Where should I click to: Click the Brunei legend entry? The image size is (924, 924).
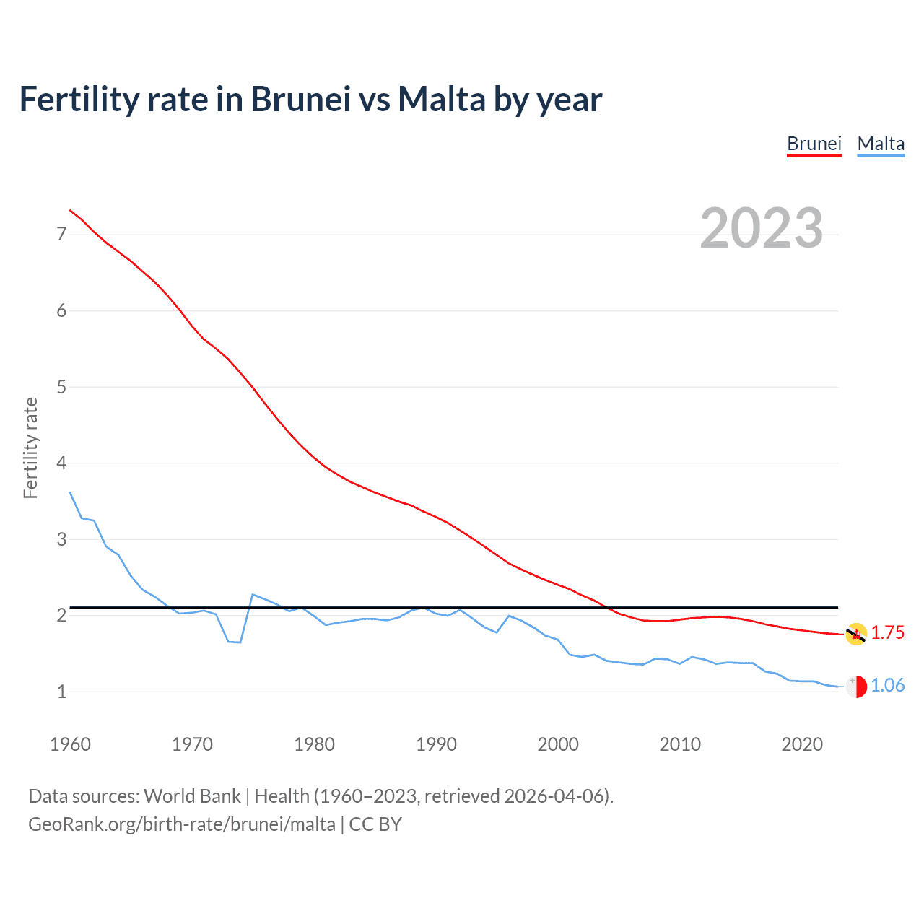814,144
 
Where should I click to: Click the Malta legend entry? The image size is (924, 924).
881,144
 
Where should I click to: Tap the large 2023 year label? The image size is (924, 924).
761,228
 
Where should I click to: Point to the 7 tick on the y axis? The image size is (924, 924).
61,234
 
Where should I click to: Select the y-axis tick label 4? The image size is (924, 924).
61,463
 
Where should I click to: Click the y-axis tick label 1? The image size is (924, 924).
61,692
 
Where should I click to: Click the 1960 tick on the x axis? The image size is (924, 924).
70,744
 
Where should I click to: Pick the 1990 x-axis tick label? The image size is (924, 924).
436,744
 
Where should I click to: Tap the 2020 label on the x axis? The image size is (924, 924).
802,744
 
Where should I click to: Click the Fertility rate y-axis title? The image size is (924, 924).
30,448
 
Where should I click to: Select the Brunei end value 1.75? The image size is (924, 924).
887,633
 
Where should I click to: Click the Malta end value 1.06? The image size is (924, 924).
887,686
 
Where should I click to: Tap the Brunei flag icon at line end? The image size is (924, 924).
856,634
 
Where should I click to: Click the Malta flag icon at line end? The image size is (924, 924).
856,687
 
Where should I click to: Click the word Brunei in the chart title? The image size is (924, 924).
300,100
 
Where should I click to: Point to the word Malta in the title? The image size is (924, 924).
441,100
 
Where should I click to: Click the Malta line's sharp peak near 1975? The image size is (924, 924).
253,595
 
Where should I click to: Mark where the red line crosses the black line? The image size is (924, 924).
606,608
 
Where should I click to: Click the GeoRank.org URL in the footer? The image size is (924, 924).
182,824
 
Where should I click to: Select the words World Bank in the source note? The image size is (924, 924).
192,796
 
